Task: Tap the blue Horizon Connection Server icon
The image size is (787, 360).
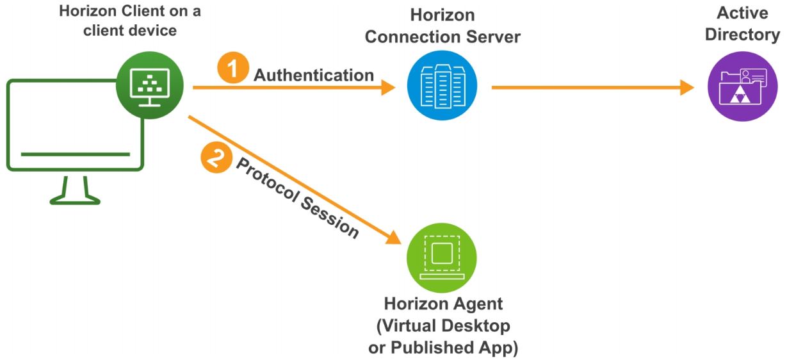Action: tap(442, 86)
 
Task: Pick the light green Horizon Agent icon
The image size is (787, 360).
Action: tap(442, 258)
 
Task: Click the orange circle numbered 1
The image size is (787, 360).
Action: tap(232, 68)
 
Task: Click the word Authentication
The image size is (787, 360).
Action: tap(314, 75)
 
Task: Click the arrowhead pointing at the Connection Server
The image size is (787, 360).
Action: tap(388, 87)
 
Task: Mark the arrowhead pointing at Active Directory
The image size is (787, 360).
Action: tap(687, 87)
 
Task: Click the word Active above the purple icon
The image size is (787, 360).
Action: tap(742, 13)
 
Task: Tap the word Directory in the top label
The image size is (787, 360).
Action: tap(742, 35)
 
